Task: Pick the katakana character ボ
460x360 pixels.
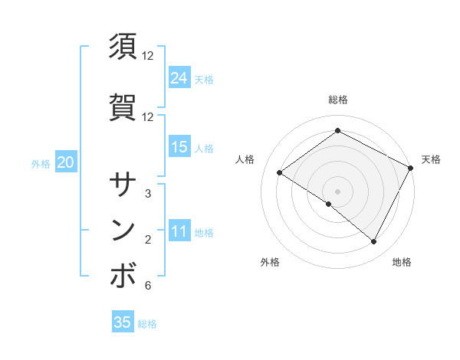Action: (x=123, y=277)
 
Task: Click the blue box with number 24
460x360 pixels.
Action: (x=179, y=77)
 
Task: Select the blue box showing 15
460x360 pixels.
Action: (x=179, y=147)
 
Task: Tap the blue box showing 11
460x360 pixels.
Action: (x=179, y=231)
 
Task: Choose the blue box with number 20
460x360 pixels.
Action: (x=66, y=162)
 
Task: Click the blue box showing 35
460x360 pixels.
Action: (x=123, y=322)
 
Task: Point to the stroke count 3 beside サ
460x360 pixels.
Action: (x=148, y=194)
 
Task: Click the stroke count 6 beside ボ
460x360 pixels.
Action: (x=148, y=286)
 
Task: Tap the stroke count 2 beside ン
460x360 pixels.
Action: (x=148, y=241)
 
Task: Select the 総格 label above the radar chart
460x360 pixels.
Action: (x=337, y=100)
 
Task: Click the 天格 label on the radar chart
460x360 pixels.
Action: (x=431, y=159)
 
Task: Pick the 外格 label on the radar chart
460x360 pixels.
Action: (x=270, y=262)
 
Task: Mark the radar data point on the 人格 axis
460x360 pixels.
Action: (x=280, y=172)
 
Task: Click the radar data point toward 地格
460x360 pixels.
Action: (x=374, y=242)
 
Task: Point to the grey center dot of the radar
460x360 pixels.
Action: (x=337, y=191)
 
